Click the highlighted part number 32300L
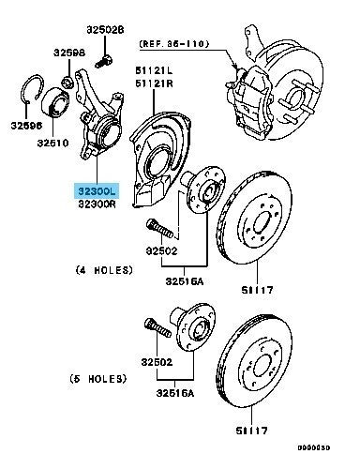(x=97, y=190)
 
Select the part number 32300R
(x=97, y=204)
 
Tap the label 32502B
(x=105, y=30)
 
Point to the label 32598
(x=69, y=53)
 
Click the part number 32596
(x=26, y=126)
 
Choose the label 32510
(x=52, y=143)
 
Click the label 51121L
(x=154, y=70)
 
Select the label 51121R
(x=154, y=83)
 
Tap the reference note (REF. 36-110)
(x=174, y=43)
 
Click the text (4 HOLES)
(x=104, y=270)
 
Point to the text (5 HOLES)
(x=98, y=379)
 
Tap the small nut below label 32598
(x=67, y=83)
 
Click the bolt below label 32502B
(x=104, y=61)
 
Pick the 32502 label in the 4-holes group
(x=161, y=250)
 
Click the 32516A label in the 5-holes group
(x=175, y=393)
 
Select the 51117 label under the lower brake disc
(x=251, y=431)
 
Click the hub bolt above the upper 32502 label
(x=159, y=228)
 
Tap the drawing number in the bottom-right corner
(x=313, y=447)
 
